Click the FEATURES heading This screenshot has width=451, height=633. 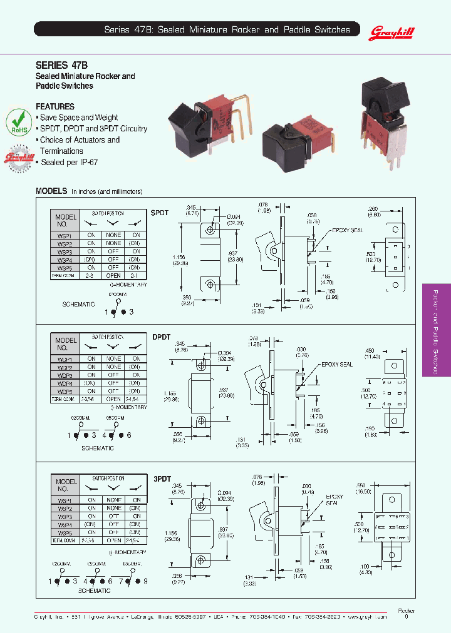tap(55, 106)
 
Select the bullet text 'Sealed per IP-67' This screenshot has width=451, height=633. tap(70, 162)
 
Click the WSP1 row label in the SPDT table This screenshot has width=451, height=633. tap(65, 235)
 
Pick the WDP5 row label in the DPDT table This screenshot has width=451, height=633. tap(65, 392)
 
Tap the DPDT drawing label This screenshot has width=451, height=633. tap(162, 337)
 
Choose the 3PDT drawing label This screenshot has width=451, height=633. tap(162, 479)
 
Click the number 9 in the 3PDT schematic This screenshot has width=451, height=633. tap(145, 581)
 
